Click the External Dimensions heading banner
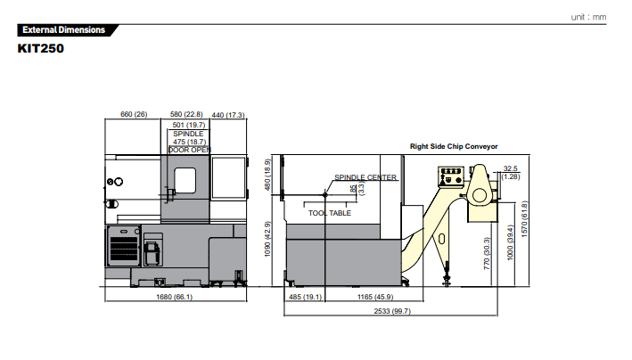(68, 29)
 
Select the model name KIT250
(41, 48)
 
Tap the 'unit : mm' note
(588, 17)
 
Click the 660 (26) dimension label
(134, 114)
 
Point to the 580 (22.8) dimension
(186, 114)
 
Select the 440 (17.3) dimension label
(228, 115)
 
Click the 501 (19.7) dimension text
(189, 125)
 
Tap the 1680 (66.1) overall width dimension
(174, 297)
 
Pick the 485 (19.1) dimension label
(305, 297)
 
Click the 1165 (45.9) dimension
(375, 297)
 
